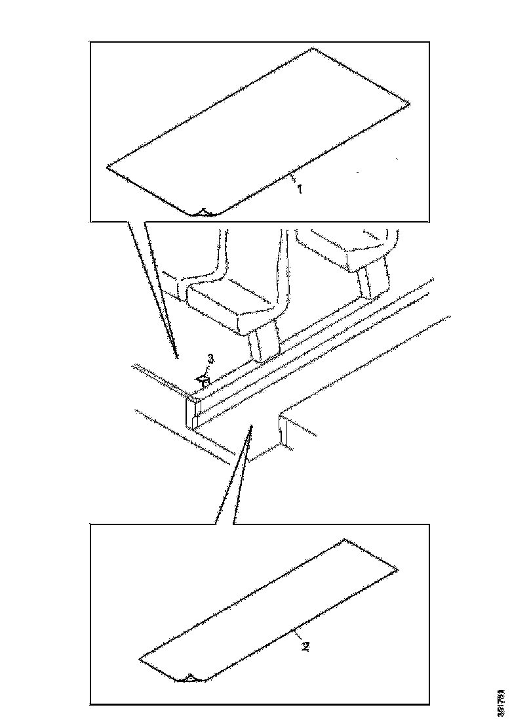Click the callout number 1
[300, 188]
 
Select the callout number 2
[305, 646]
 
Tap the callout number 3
[210, 358]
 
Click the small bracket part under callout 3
[203, 379]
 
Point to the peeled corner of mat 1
[203, 212]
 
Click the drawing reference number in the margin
[501, 702]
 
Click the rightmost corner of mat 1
[410, 103]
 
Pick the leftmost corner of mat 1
[107, 168]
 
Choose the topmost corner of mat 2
[345, 540]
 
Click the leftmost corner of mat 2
[140, 657]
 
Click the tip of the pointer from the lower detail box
[249, 427]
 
